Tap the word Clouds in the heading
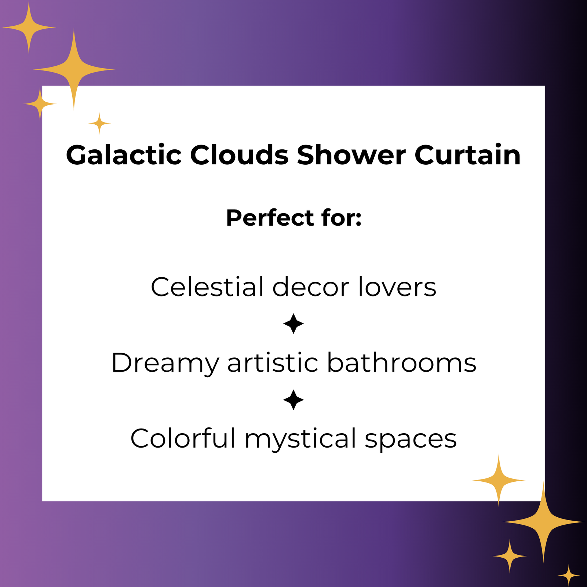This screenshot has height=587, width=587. click(x=239, y=155)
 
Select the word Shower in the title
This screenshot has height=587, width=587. click(x=351, y=155)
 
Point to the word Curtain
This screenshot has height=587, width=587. click(x=467, y=155)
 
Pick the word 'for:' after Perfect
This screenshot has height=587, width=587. click(x=342, y=218)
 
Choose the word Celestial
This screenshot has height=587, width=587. click(x=207, y=287)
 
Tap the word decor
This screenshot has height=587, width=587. click(x=311, y=287)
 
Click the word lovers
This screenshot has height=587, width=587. click(x=397, y=287)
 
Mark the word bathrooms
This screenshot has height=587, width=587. click(x=402, y=362)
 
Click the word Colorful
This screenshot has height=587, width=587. click(x=183, y=438)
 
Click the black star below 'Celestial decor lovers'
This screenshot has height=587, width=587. click(x=293, y=324)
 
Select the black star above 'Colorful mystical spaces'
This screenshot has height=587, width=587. click(x=293, y=400)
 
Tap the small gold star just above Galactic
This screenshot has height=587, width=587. click(x=99, y=124)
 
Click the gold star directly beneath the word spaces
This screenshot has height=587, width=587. click(x=499, y=480)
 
